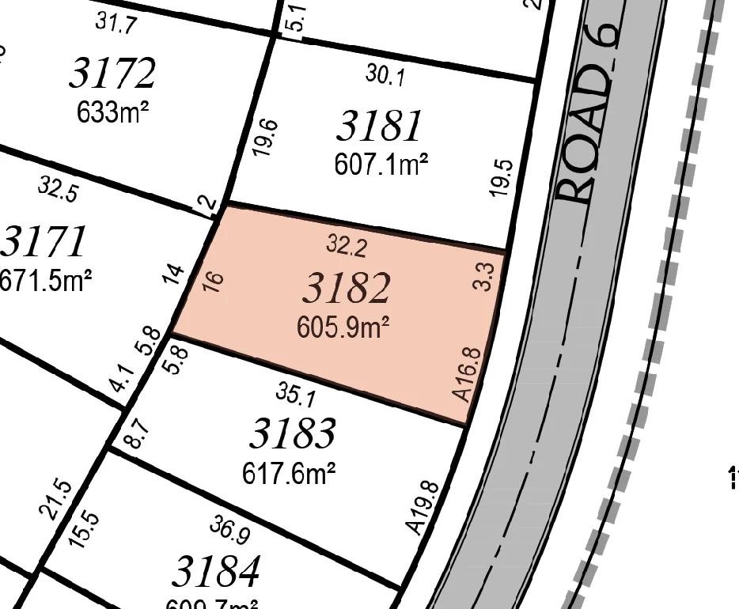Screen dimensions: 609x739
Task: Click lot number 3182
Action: click(346, 289)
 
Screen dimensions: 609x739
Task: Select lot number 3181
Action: click(380, 127)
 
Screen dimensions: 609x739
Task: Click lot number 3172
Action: click(112, 74)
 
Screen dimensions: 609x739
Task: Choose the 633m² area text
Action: click(113, 112)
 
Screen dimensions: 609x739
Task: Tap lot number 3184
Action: click(216, 571)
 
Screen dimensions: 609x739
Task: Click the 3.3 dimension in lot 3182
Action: click(485, 277)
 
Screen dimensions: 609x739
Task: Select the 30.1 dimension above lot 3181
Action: click(385, 75)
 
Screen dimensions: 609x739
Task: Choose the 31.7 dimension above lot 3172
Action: click(116, 23)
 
